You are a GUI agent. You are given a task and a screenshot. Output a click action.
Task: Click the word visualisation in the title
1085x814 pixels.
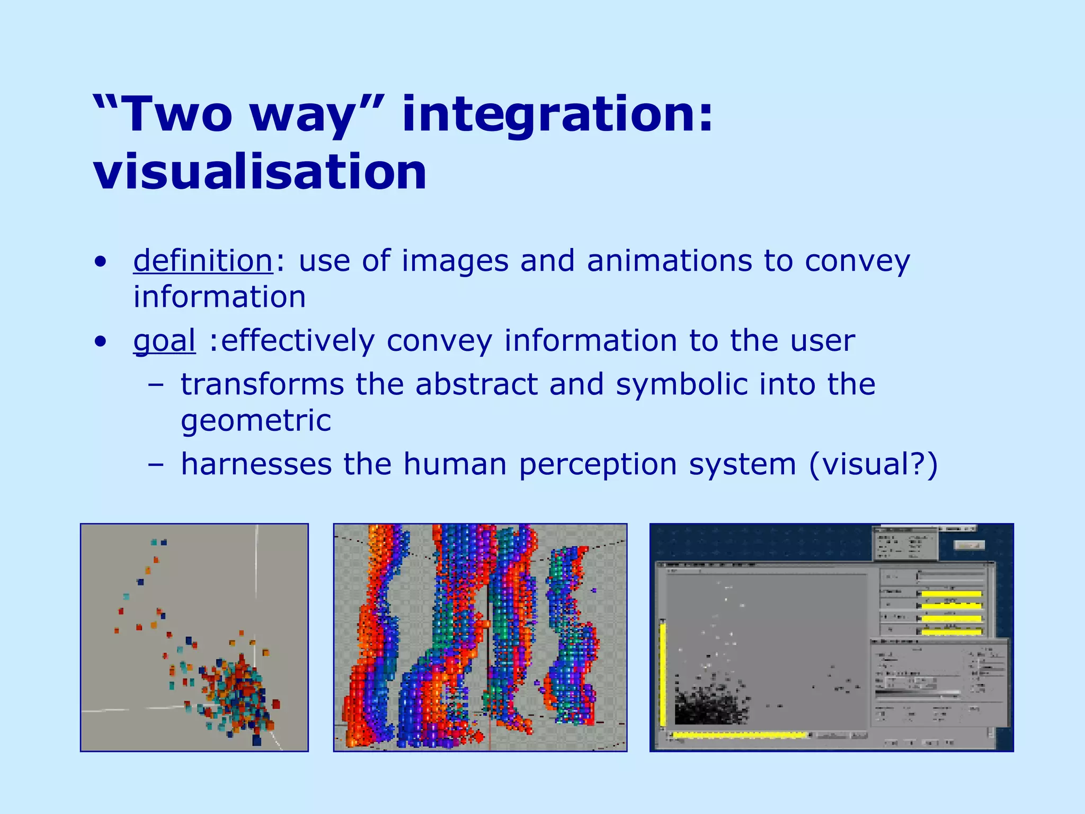[x=260, y=172]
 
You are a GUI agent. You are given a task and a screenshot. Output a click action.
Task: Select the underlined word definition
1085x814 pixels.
[x=203, y=261]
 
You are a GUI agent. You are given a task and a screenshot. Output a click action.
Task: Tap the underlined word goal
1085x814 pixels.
[x=164, y=341]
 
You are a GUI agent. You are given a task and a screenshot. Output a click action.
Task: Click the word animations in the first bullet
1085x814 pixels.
[x=669, y=261]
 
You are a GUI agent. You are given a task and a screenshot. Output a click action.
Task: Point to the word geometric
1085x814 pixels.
[x=256, y=421]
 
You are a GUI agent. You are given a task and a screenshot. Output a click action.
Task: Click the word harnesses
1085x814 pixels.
[x=256, y=464]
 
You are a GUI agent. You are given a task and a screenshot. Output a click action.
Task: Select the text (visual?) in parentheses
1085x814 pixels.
[x=873, y=464]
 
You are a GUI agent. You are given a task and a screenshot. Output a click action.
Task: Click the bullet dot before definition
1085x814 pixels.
[x=100, y=262]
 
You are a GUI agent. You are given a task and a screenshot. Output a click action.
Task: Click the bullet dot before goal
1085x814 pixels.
[x=100, y=341]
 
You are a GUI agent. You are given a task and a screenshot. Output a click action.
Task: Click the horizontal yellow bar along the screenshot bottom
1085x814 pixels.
[x=739, y=735]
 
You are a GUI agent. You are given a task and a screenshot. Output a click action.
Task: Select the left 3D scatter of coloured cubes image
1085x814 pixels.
[x=194, y=637]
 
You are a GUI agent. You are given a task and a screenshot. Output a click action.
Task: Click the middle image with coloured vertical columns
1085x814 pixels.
[x=480, y=637]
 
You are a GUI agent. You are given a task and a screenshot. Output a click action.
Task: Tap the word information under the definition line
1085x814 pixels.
[x=219, y=297]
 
